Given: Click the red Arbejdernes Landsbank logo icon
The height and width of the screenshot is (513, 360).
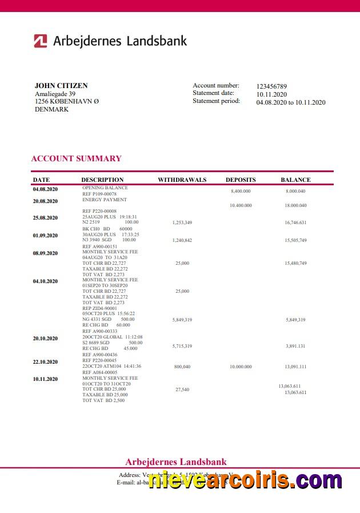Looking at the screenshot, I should click(41, 41).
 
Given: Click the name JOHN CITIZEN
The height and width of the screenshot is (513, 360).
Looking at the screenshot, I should click(61, 86).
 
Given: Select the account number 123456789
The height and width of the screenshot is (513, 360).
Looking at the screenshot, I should click(271, 86).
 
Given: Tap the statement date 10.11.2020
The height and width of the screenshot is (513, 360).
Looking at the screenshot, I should click(271, 94).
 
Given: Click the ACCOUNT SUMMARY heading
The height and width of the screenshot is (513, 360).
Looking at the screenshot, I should click(76, 158).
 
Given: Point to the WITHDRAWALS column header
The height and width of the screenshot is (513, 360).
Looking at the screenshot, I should click(182, 180).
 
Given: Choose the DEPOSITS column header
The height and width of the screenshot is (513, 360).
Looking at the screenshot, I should click(241, 180).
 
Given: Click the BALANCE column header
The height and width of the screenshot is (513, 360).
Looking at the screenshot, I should click(295, 180).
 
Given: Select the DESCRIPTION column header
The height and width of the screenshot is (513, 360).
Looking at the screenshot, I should click(102, 180).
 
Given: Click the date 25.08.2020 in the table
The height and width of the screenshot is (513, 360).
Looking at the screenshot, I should click(45, 217).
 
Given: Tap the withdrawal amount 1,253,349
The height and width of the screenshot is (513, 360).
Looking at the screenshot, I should click(182, 222).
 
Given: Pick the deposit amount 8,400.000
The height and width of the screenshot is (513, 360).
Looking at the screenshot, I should click(241, 191).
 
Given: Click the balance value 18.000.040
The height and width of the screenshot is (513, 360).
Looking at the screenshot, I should click(295, 205).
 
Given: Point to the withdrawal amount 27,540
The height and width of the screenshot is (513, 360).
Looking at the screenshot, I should click(182, 389).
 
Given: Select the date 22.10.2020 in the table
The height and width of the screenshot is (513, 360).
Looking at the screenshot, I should click(45, 361).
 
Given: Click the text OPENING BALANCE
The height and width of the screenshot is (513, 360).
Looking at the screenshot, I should click(105, 188).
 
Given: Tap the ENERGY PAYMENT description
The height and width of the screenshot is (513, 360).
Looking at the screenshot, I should click(105, 200).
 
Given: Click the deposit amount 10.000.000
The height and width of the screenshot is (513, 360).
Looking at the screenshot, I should click(241, 367).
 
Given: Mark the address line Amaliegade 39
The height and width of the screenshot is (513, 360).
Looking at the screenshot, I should click(55, 94).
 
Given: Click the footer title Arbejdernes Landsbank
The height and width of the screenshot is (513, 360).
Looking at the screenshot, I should click(176, 462).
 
